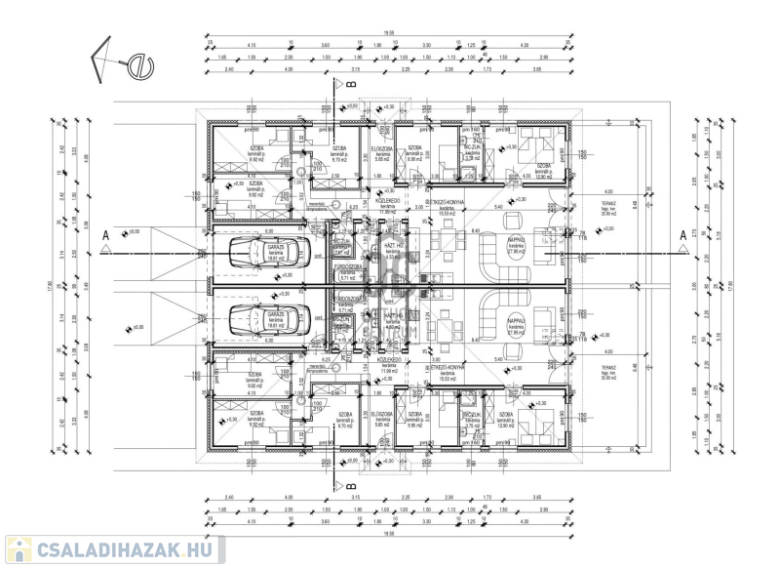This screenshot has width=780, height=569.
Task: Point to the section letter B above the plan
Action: [x=349, y=86]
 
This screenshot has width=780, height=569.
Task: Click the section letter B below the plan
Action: [x=349, y=482]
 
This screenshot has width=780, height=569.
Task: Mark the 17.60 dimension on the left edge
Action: [x=48, y=286]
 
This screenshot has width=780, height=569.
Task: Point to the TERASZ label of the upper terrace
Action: [x=608, y=206]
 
